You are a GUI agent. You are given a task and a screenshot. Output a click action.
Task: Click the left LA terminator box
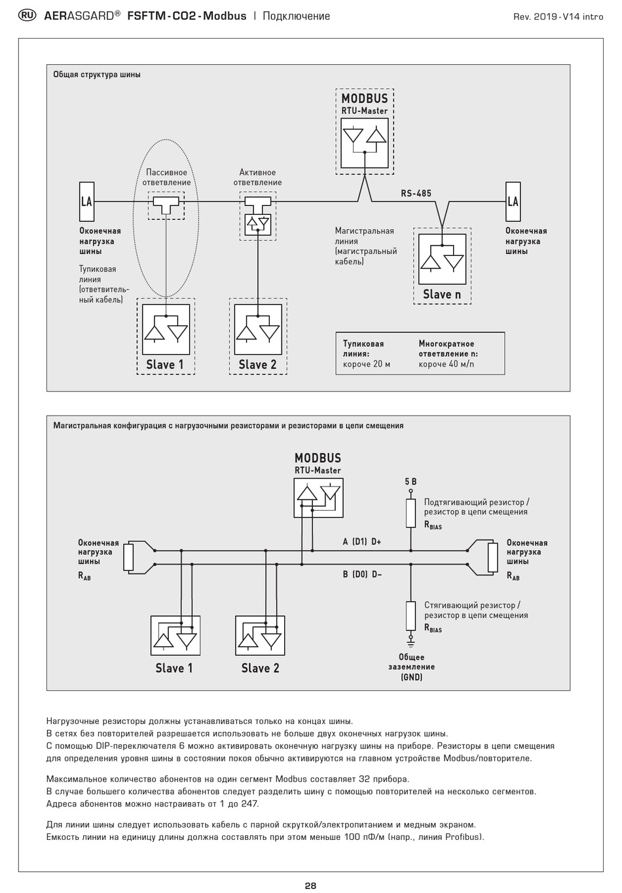pos(86,202)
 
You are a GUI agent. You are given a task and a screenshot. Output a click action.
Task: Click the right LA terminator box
pos(513,202)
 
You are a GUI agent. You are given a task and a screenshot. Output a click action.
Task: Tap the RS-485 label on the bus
pos(416,193)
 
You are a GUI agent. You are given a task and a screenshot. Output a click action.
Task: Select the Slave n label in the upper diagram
pos(442,295)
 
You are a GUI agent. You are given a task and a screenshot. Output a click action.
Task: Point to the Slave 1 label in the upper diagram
pos(165,365)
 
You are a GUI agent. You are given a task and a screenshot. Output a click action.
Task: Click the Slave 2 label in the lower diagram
pos(260,668)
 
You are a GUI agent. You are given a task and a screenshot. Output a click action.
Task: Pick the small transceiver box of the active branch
pos(257,225)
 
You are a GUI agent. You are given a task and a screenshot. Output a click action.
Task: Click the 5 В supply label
pos(411,482)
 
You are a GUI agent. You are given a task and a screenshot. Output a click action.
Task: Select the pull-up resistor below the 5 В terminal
pos(411,513)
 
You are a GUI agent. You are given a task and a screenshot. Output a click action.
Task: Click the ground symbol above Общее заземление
pos(411,644)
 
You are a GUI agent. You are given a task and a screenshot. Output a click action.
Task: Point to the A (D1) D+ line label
pos(362,541)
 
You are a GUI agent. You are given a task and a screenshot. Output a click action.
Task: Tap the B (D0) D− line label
pos(362,574)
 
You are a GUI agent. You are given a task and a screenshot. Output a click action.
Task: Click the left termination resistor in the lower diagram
pos(128,557)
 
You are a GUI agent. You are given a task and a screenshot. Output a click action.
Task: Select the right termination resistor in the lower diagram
pos(493,557)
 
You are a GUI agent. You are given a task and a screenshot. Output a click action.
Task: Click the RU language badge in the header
pos(27,16)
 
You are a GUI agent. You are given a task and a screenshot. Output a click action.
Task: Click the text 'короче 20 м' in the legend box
pos(367,364)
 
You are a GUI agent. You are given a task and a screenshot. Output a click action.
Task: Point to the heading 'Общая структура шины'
pos(97,75)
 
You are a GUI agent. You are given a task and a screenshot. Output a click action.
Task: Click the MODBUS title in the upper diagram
pos(365,98)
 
